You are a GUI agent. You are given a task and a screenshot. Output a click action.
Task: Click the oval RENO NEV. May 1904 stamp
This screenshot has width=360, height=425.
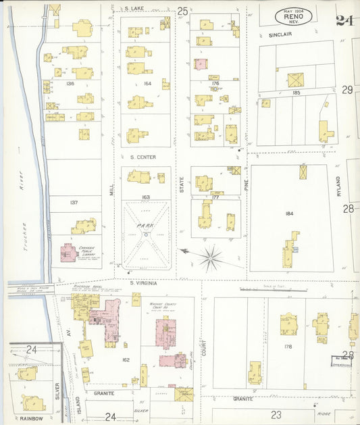293,16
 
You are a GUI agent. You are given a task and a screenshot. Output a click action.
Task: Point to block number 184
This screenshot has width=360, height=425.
289,214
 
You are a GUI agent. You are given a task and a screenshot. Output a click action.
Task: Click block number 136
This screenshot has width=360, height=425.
70,84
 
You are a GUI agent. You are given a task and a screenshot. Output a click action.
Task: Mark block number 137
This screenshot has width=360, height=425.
74,202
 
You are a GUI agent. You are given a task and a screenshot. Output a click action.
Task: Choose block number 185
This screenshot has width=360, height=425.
295,92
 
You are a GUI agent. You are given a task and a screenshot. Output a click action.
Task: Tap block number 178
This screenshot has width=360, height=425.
288,347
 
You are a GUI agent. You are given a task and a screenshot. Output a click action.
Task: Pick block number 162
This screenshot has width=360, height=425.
126,359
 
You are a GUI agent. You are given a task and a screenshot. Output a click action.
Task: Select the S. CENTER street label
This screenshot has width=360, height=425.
143,157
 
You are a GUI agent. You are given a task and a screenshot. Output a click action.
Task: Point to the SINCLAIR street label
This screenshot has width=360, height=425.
280,33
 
